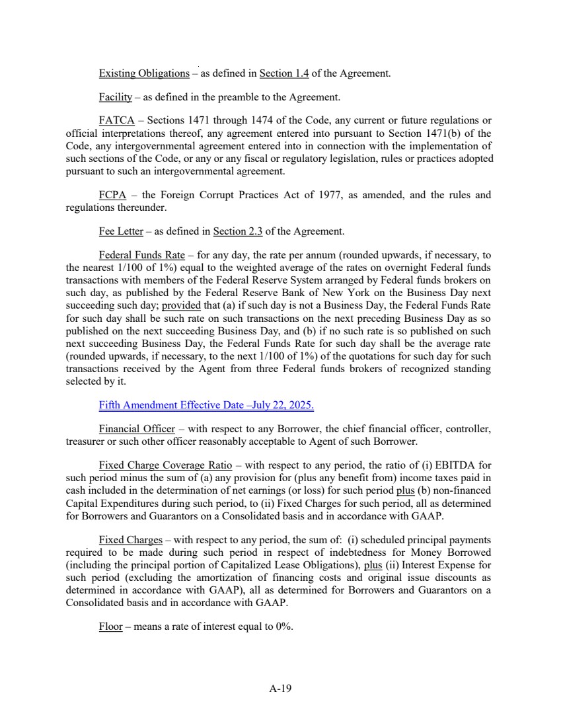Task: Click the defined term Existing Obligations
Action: point(143,73)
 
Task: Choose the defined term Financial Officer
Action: point(137,429)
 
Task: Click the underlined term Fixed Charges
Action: point(130,539)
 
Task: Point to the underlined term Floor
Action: point(110,627)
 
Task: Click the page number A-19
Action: point(280,688)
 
